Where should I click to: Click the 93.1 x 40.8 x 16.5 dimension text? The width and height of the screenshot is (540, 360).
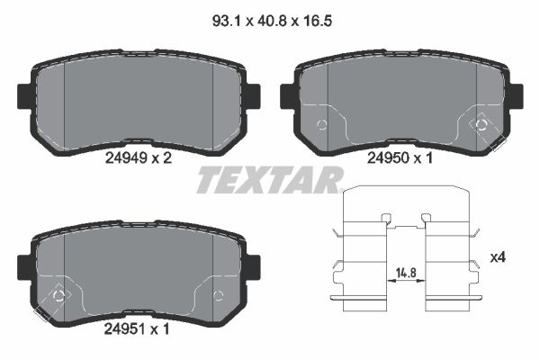click(272, 22)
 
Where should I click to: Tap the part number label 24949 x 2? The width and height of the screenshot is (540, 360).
click(138, 158)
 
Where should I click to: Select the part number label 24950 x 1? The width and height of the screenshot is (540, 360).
click(400, 158)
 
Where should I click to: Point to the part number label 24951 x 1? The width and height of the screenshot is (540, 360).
click(137, 329)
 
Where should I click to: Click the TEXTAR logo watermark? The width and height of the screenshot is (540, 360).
click(270, 179)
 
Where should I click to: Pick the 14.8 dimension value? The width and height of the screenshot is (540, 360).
click(406, 273)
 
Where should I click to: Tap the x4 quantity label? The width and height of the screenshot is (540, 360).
click(498, 257)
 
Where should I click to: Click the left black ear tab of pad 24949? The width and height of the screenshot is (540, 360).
click(25, 96)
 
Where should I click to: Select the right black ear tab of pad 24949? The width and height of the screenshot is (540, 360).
click(253, 96)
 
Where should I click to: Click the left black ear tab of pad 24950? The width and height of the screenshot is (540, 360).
click(288, 96)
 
